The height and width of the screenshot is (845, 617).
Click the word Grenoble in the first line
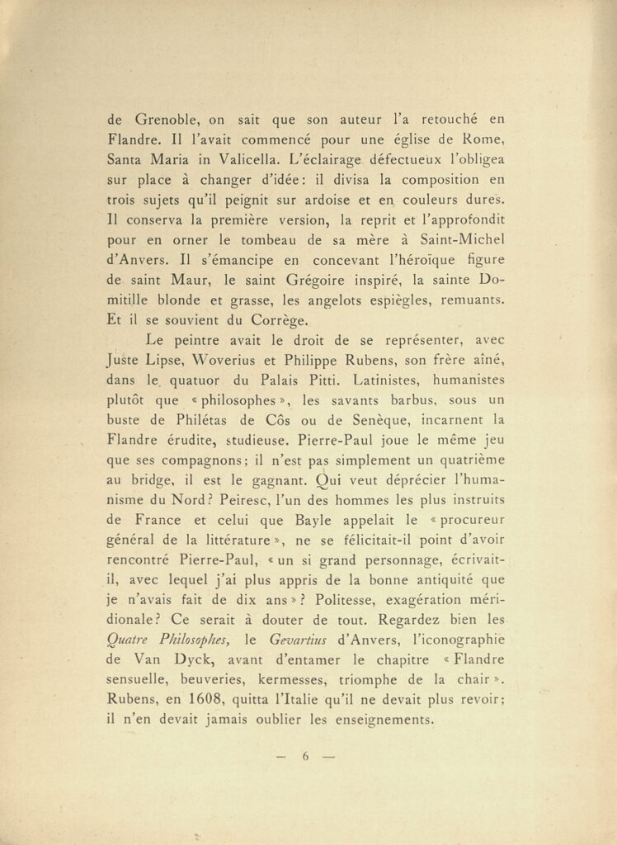[163, 119]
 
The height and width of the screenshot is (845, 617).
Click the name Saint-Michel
[462, 239]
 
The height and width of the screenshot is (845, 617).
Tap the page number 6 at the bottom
[305, 755]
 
